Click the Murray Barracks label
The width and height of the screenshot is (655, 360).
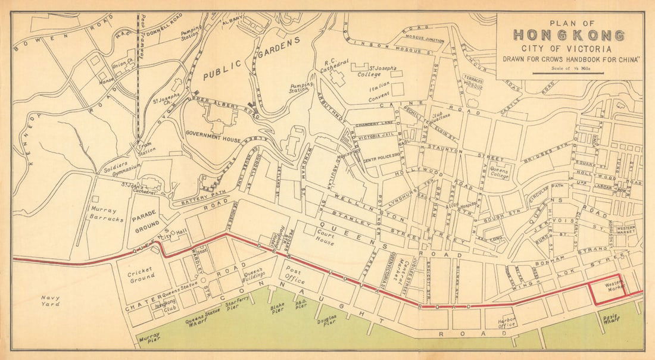(107, 214)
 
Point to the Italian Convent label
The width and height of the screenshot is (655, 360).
(380, 88)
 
